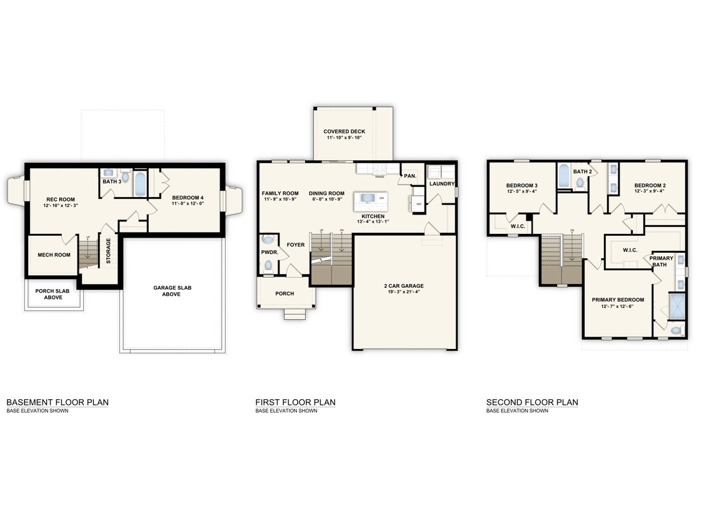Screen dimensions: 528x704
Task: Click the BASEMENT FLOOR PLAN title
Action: [x=57, y=402]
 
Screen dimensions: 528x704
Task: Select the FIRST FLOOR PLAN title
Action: [x=295, y=402]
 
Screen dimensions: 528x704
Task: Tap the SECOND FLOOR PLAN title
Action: [x=532, y=402]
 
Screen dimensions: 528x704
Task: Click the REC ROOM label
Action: [x=60, y=200]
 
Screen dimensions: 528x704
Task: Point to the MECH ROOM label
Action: [x=54, y=255]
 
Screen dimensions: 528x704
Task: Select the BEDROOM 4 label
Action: [x=188, y=198]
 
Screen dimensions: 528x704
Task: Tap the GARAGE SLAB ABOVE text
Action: [x=172, y=291]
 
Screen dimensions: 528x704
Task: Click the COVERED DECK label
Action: [x=344, y=131]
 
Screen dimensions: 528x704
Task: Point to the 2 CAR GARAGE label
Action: [x=403, y=286]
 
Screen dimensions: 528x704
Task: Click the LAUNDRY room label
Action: [x=441, y=183]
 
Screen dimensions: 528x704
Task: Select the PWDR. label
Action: [x=269, y=252]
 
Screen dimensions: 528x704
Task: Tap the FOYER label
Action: [x=296, y=245]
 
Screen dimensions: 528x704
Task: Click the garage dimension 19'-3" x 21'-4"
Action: [x=403, y=292]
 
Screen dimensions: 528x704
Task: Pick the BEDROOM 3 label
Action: [x=521, y=185]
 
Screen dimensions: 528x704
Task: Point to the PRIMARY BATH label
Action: [x=661, y=261]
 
